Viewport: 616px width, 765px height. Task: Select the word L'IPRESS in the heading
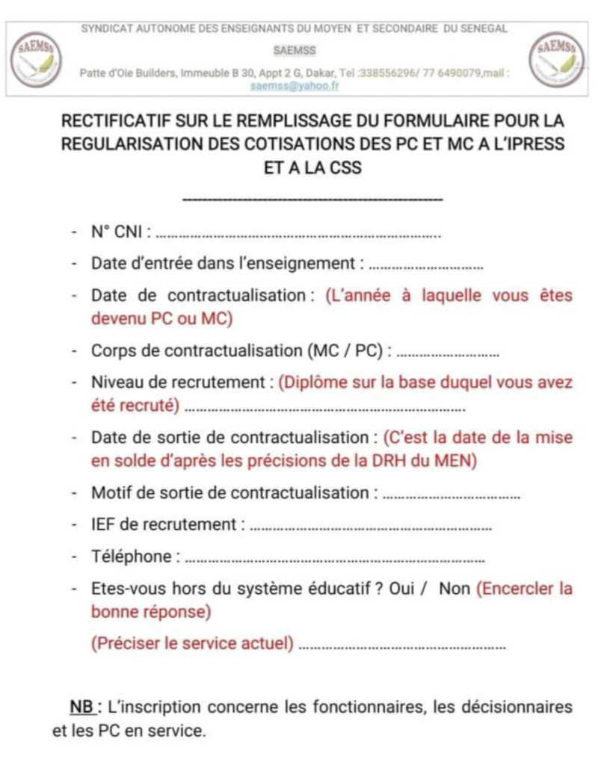pos(529,144)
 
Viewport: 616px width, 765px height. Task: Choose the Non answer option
pos(455,589)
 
